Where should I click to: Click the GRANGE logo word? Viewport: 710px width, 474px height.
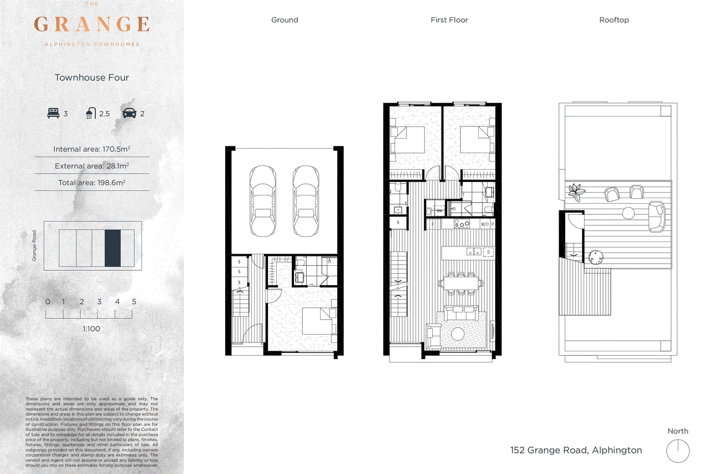pos(92,24)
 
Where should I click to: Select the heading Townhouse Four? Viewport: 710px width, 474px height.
pos(92,78)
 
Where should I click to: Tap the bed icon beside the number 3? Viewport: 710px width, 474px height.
pos(53,113)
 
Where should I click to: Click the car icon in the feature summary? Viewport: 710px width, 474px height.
pos(129,113)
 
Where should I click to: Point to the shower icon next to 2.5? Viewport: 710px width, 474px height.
pos(90,113)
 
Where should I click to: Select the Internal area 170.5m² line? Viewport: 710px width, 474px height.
pos(92,149)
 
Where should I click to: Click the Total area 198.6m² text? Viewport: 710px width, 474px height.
pos(92,183)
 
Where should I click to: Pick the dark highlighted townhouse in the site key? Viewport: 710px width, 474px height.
pos(113,247)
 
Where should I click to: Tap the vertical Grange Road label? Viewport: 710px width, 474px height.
pos(34,246)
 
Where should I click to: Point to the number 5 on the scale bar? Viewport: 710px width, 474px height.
pos(134,302)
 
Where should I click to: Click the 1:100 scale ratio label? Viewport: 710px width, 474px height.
pos(92,329)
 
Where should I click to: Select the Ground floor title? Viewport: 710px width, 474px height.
pos(284,20)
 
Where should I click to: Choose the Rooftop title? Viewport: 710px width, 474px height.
pos(613,20)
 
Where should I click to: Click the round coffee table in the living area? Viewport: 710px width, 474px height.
pos(459,334)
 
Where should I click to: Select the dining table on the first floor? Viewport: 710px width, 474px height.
pos(460,284)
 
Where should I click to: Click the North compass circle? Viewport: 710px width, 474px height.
pos(677,450)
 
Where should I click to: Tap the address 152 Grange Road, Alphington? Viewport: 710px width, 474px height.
pos(576,450)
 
